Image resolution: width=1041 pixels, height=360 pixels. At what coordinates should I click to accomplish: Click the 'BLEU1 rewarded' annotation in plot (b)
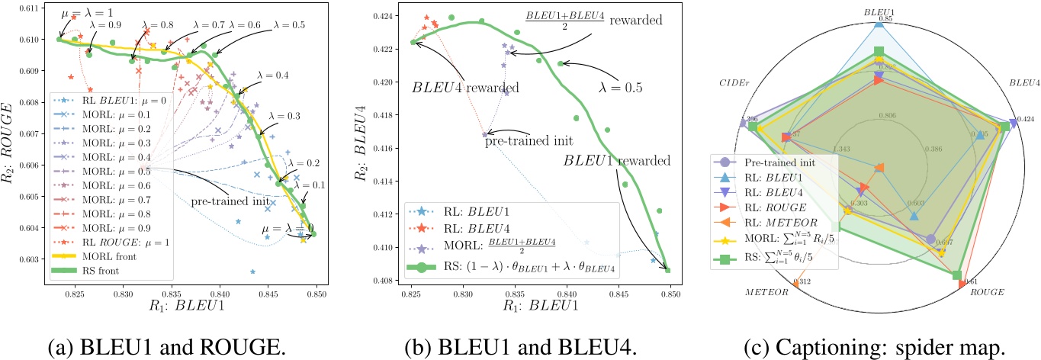(x=618, y=160)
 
